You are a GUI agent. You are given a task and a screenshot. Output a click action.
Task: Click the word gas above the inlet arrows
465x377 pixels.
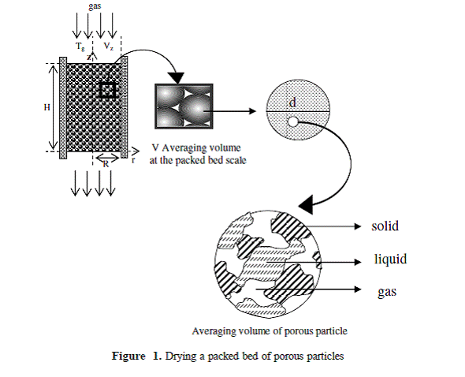coord(95,6)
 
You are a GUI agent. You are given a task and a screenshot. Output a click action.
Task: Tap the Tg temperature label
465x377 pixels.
coord(80,47)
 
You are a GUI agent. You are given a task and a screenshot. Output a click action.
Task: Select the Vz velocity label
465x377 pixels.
coord(108,47)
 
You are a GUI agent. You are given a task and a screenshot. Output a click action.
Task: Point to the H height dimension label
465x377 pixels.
coord(46,107)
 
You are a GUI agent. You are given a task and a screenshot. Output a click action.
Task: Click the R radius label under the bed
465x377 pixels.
coord(106,163)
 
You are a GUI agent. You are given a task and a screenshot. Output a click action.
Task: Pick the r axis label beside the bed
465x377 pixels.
coord(133,161)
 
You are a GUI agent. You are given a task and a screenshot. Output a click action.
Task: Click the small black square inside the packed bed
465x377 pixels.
coord(107,90)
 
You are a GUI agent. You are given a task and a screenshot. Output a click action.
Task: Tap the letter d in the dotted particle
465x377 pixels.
coord(292,103)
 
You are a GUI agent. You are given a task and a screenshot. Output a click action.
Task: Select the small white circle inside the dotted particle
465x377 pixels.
coord(292,122)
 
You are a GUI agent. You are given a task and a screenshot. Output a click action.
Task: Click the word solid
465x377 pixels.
coord(385,226)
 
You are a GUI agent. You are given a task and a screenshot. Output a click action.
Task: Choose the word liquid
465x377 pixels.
coord(391,259)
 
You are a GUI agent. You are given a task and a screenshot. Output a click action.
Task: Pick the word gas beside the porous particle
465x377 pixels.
coord(387,292)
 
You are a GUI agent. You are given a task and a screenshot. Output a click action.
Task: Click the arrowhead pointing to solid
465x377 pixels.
coord(358,226)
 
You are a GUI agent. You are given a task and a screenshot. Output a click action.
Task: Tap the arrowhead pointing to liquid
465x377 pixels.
coord(358,262)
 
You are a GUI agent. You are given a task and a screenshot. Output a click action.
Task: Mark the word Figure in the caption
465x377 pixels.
coord(128,356)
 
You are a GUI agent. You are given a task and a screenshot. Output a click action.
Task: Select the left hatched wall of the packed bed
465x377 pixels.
coord(63,108)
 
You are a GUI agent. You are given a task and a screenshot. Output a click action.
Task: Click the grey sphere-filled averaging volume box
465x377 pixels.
coord(184,106)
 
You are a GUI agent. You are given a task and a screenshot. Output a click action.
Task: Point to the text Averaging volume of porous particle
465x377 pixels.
coord(270,331)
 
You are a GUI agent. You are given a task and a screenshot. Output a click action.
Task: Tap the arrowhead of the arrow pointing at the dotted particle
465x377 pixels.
coord(253,111)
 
